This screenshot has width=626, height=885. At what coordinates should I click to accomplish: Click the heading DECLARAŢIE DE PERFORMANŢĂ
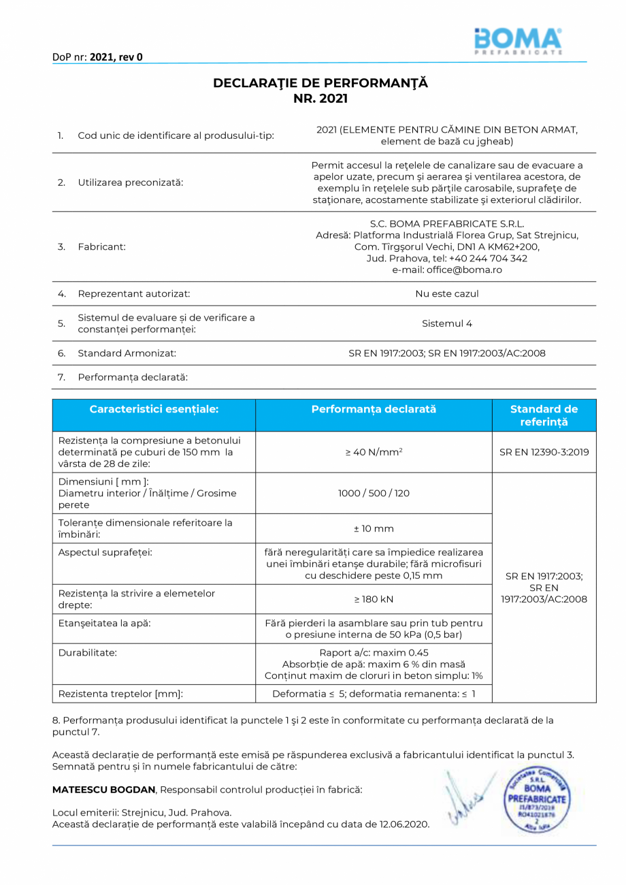320,83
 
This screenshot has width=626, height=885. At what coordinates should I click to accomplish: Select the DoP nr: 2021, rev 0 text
97,57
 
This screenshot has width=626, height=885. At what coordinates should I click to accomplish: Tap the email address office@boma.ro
447,270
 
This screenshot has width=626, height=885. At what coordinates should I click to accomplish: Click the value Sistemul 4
446,323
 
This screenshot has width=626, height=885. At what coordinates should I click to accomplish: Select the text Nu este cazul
446,294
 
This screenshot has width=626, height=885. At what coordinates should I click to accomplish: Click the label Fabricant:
101,246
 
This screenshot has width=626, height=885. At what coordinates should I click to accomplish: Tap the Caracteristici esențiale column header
154,409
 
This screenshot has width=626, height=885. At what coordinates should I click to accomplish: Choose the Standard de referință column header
544,415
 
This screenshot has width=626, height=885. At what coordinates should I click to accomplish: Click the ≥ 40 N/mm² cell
374,451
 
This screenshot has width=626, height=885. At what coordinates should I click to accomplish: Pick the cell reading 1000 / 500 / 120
374,493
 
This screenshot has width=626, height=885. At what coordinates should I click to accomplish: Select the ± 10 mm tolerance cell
374,528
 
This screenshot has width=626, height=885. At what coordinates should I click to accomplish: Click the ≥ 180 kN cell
374,599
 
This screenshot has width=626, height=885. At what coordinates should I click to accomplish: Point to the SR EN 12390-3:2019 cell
544,451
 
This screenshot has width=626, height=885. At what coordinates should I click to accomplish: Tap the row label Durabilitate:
88,652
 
